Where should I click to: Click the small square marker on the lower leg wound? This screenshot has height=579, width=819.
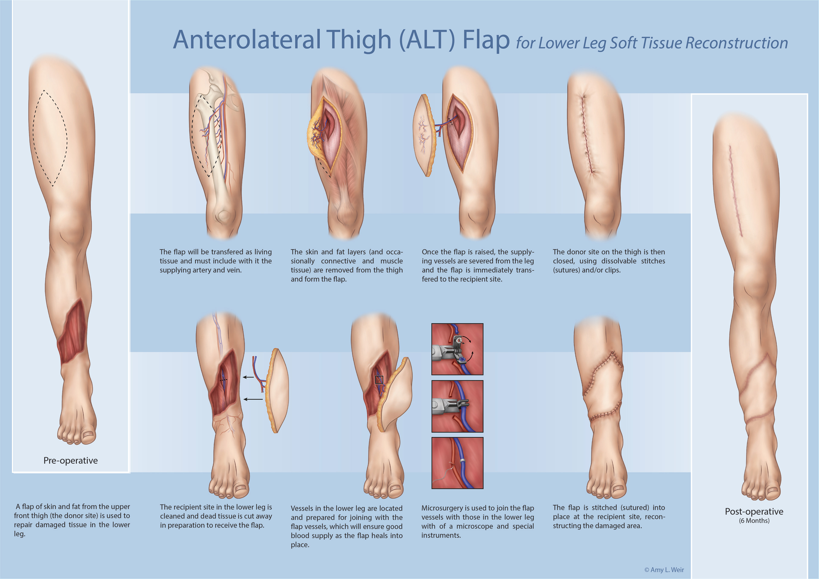coord(379,380)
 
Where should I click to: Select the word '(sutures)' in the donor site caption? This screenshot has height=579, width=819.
coord(566,270)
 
